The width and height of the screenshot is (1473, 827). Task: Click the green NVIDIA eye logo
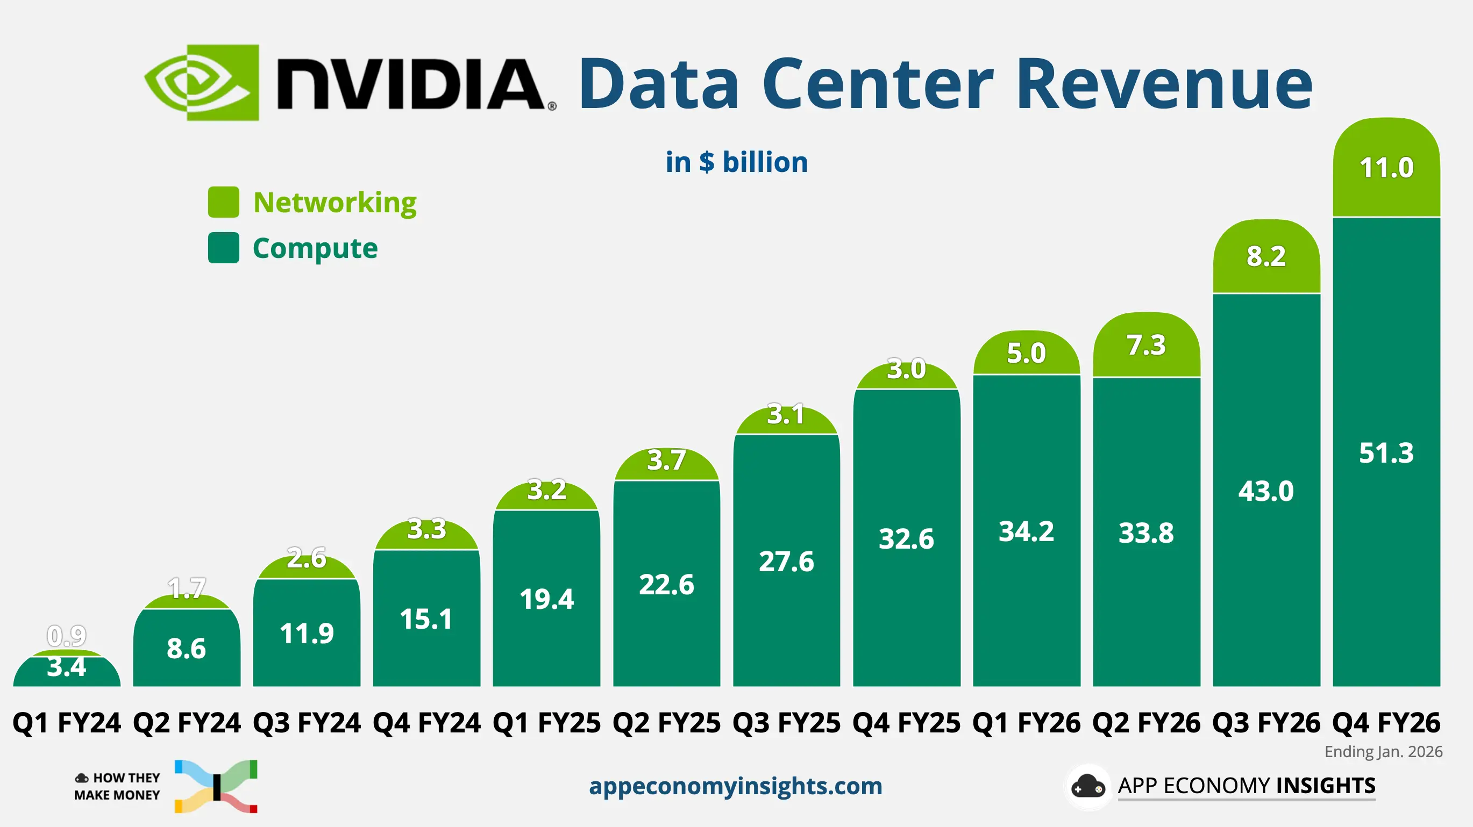pos(201,82)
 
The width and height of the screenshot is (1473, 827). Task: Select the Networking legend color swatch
pos(223,202)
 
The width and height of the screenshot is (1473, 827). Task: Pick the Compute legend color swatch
pos(223,248)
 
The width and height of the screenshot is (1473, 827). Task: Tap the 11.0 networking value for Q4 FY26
pos(1386,168)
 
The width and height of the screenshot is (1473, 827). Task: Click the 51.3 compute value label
pos(1386,452)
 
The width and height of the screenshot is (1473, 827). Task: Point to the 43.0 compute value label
pos(1266,491)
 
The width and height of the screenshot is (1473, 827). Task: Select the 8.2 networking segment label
pos(1266,256)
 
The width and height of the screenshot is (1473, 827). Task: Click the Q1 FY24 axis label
pos(67,722)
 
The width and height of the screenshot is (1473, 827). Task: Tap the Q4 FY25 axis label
pos(906,722)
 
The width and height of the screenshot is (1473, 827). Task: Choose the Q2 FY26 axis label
pos(1146,722)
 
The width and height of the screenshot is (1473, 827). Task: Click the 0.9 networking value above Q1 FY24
pos(67,636)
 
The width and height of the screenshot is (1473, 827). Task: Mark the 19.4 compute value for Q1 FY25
pos(546,599)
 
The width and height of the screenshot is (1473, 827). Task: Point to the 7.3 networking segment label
pos(1146,345)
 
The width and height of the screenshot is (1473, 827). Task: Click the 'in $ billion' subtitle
pos(737,162)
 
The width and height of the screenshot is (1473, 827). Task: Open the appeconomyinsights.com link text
pos(735,786)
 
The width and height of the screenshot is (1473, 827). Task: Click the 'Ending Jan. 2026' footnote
pos(1383,752)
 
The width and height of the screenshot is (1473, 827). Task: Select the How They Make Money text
pos(117,786)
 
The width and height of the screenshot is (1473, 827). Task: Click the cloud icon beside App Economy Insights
pos(1087,786)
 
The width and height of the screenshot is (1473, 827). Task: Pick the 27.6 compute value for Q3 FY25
pos(786,561)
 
